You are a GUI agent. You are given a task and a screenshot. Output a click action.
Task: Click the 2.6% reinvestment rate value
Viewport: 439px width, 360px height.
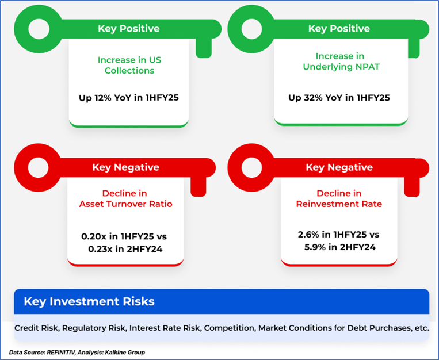point(308,234)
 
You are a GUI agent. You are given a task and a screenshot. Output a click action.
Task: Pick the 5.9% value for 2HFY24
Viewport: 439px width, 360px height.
point(315,247)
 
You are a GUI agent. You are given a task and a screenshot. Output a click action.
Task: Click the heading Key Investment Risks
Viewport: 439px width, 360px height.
point(89,301)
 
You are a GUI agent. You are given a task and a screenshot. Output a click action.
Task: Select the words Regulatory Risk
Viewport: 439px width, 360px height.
point(94,328)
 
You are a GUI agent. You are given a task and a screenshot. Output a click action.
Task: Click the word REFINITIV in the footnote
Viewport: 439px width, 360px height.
point(61,352)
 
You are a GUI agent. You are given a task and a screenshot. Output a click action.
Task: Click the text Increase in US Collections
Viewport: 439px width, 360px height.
point(129,65)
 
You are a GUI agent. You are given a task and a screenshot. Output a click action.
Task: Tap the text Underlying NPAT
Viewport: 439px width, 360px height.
point(341,67)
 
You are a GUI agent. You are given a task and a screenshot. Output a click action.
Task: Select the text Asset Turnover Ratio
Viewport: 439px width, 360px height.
point(125,204)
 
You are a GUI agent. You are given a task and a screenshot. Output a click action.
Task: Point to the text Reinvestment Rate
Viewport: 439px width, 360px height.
point(339,204)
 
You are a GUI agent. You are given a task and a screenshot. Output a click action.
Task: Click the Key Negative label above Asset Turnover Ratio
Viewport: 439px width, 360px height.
point(125,167)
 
